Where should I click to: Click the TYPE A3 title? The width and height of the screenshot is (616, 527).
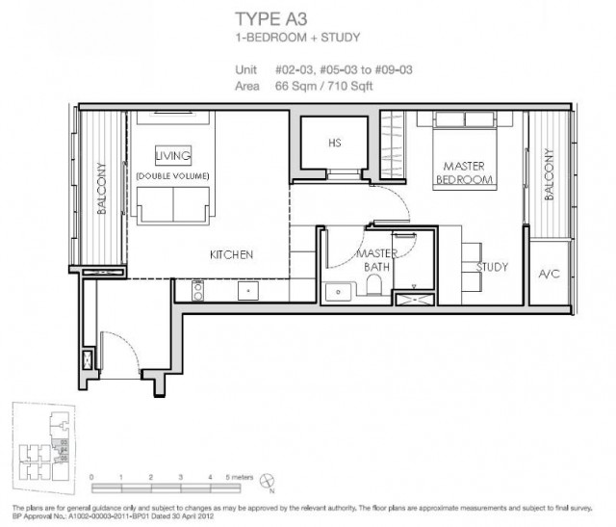click(x=271, y=19)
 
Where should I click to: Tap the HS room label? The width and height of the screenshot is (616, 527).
click(x=335, y=143)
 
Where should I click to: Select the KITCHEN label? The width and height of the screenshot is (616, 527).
click(x=231, y=254)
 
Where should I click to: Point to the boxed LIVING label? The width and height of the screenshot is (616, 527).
click(x=173, y=156)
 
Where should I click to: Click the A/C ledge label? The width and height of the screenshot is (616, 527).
click(x=549, y=274)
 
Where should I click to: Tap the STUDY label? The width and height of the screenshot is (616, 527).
click(x=492, y=267)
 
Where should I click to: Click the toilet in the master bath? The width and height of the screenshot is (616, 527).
click(x=373, y=284)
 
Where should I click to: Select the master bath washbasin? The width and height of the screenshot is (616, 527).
click(x=338, y=292)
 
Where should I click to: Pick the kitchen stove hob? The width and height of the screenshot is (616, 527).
click(x=198, y=291)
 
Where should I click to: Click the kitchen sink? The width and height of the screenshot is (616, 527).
click(x=248, y=291)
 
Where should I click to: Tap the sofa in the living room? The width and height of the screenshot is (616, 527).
click(x=173, y=205)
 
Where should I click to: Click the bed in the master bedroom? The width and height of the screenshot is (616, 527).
click(x=465, y=150)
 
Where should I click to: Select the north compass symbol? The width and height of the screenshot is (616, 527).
click(x=268, y=481)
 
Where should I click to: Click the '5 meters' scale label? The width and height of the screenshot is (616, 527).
click(x=240, y=477)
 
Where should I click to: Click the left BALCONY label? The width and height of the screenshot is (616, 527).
click(x=101, y=188)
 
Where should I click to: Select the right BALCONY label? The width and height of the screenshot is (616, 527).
click(x=549, y=174)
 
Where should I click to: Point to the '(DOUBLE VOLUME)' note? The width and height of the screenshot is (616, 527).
click(x=172, y=175)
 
